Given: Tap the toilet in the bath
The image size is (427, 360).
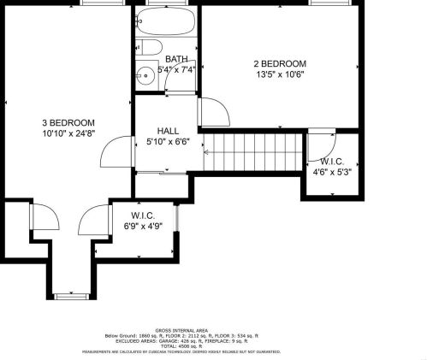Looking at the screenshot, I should [x=147, y=47].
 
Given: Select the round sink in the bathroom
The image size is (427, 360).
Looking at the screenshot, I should [x=145, y=74].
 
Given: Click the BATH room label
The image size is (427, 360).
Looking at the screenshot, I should [x=164, y=59].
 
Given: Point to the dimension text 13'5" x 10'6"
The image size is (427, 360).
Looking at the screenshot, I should [x=279, y=74].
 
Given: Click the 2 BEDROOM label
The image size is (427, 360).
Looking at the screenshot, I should [x=279, y=64].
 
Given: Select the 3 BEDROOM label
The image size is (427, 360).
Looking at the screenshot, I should [x=69, y=123].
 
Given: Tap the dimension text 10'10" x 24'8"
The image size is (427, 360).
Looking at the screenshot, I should [x=69, y=133].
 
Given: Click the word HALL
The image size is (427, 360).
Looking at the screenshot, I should [x=168, y=130].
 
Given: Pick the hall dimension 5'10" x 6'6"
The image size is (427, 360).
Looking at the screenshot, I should [x=168, y=141].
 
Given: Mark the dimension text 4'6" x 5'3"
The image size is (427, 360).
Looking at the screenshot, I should [x=331, y=171].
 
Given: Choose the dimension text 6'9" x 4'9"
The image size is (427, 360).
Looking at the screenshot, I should [x=142, y=227].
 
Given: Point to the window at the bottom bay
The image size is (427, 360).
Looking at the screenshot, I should [x=66, y=297].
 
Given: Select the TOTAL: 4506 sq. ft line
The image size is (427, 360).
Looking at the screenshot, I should [x=212, y=345].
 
